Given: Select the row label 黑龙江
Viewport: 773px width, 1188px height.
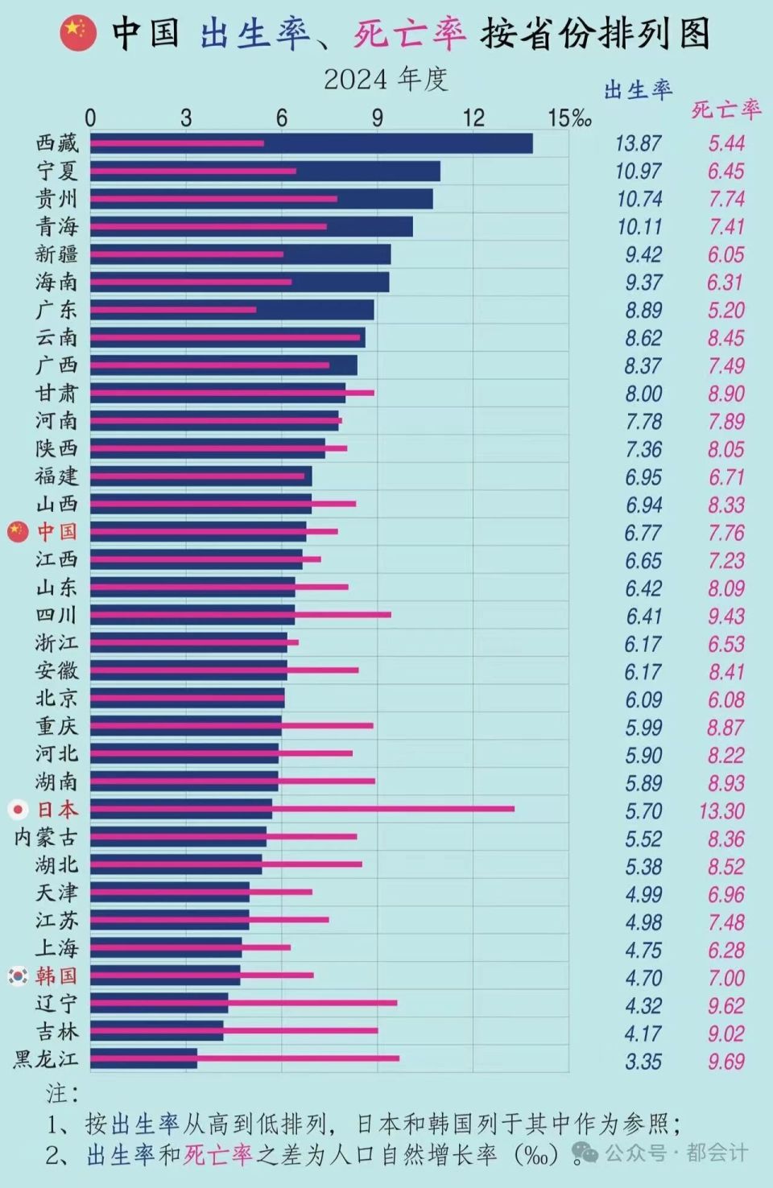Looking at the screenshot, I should pyautogui.click(x=46, y=1058).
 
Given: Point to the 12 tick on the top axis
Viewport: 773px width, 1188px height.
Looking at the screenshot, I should pyautogui.click(x=473, y=118).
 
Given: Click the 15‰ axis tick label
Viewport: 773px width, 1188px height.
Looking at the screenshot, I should pyautogui.click(x=568, y=118).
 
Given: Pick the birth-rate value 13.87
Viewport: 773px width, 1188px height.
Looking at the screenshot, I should pyautogui.click(x=638, y=143).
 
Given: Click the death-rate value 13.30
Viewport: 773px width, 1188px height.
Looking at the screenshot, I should pyautogui.click(x=722, y=811).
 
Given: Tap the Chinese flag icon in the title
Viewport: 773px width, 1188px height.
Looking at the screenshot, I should pyautogui.click(x=78, y=33).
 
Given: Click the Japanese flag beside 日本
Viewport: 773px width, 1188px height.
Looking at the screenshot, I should pyautogui.click(x=18, y=809).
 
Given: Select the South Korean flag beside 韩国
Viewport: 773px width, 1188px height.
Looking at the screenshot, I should pyautogui.click(x=18, y=976).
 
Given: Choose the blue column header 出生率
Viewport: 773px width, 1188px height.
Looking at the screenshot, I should pyautogui.click(x=638, y=89).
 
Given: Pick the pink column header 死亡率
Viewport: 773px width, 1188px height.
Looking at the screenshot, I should pyautogui.click(x=725, y=109).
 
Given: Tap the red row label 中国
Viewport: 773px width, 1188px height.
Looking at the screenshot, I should pyautogui.click(x=57, y=531).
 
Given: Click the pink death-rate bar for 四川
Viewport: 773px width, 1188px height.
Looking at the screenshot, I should pyautogui.click(x=346, y=614).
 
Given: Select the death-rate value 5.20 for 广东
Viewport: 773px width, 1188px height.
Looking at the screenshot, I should pyautogui.click(x=725, y=310).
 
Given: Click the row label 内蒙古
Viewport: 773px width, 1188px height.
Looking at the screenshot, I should pyautogui.click(x=46, y=837).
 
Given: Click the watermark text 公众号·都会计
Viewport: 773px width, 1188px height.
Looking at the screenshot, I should pyautogui.click(x=676, y=1153).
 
